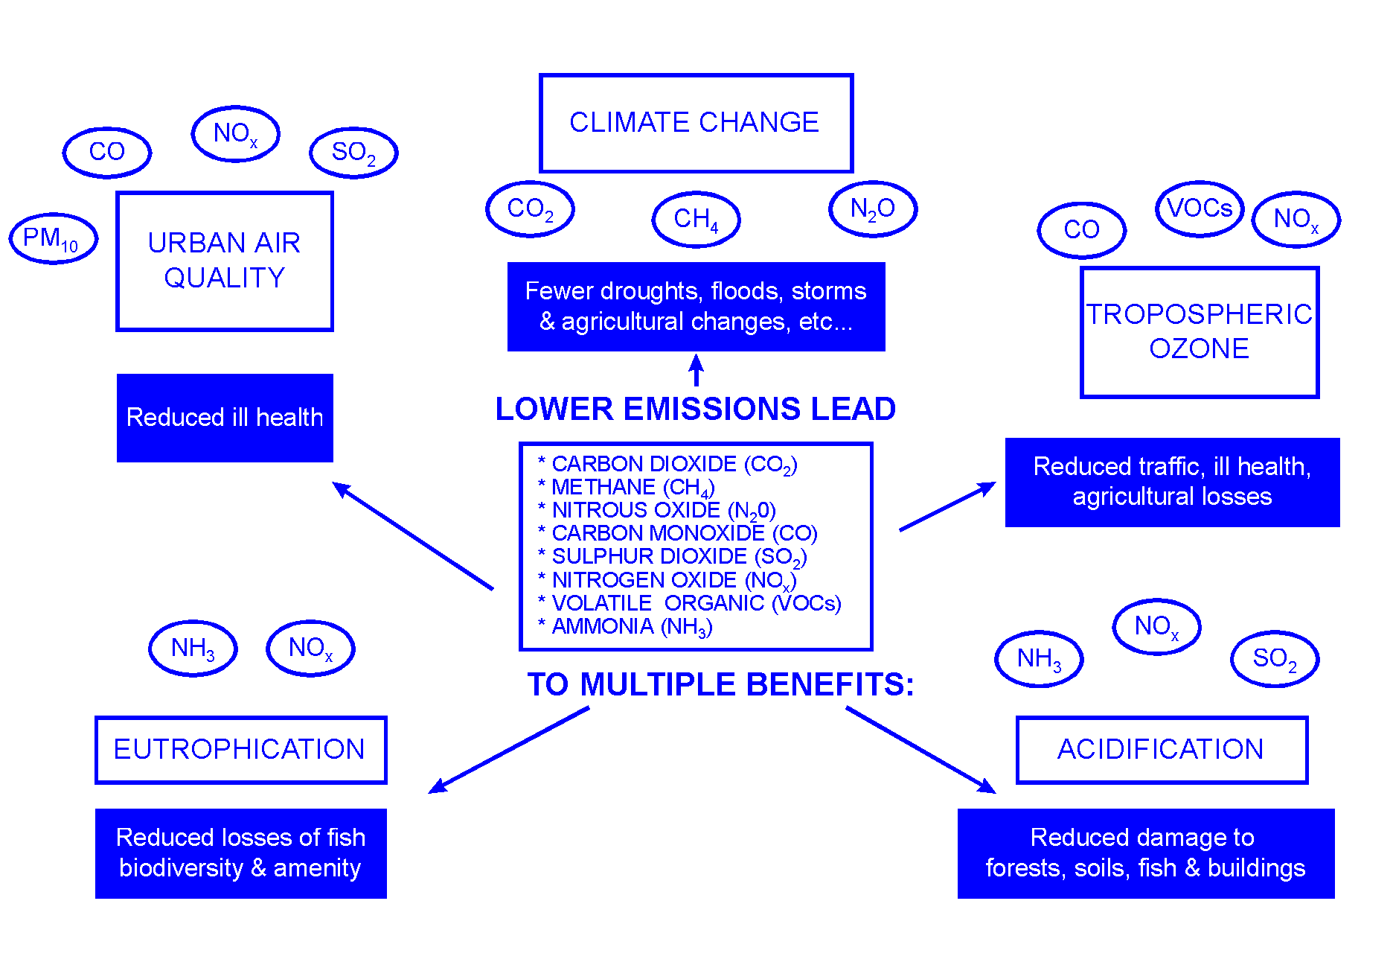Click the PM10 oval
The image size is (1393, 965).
pos(53,238)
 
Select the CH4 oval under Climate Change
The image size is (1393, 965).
pos(696,219)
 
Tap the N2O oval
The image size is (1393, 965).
pos(873,208)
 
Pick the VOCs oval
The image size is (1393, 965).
pos(1200,208)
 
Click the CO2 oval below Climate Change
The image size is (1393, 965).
pos(530,208)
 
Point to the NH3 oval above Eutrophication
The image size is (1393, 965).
pos(193,648)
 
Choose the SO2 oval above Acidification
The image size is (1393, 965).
pos(1275,658)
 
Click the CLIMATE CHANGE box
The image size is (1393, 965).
pos(696,123)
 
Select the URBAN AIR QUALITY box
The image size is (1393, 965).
pos(225,261)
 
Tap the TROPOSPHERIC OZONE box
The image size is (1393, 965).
pos(1200,332)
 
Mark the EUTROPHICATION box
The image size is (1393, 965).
pos(240,750)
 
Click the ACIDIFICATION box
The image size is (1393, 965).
pos(1162,750)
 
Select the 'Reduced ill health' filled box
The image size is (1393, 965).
pos(225,418)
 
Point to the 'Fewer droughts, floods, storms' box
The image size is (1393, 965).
pos(696,306)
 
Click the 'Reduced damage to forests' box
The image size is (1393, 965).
pos(1145,853)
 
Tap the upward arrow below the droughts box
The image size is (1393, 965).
pos(696,370)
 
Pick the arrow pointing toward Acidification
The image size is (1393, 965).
pos(920,750)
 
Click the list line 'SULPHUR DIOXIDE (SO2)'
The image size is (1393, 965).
pos(679,556)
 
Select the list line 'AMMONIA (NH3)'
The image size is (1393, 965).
pos(631,626)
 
